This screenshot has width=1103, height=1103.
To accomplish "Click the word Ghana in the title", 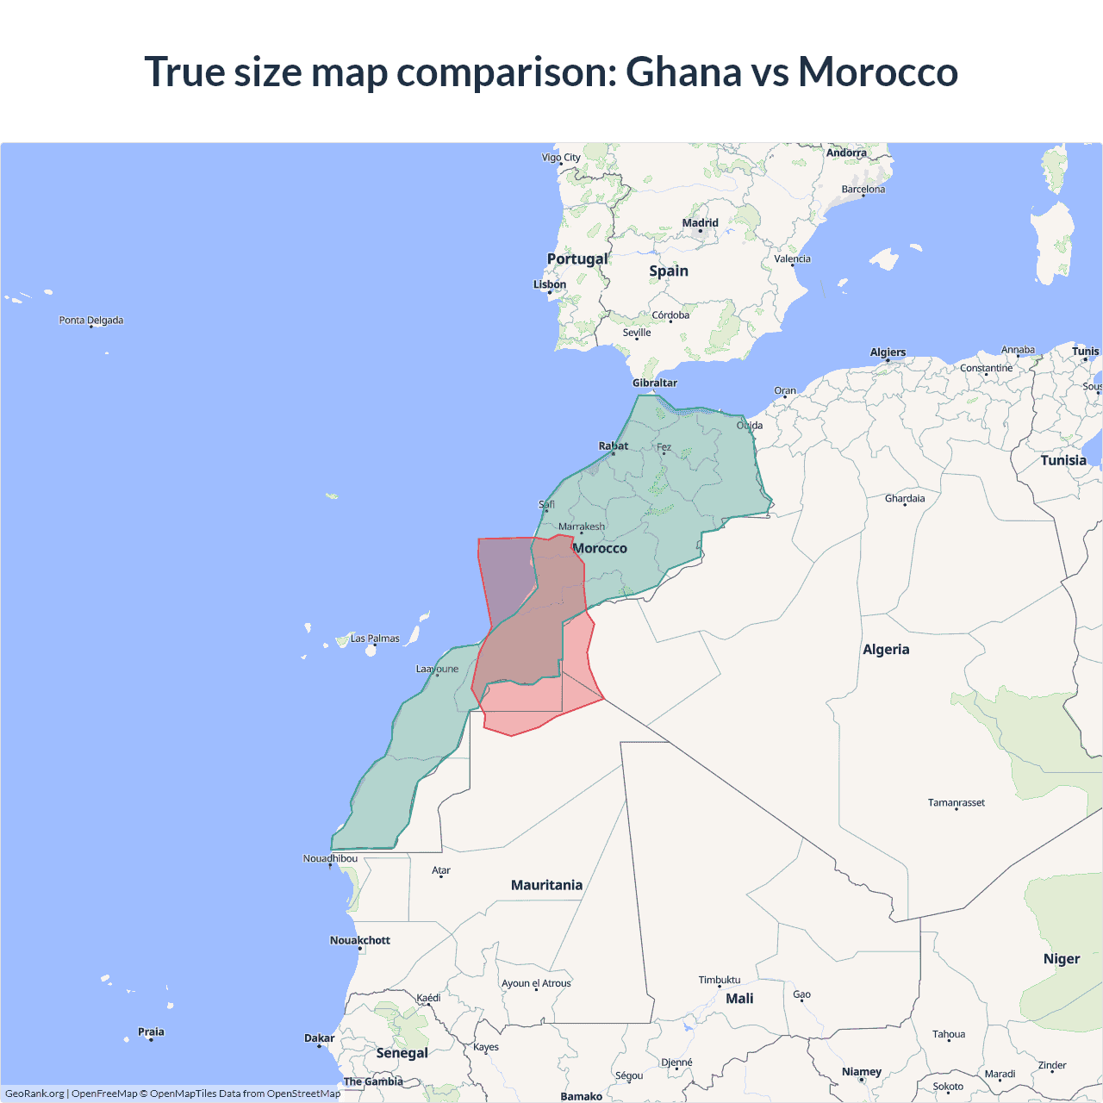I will click(683, 72).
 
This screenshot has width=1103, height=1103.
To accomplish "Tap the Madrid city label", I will click(700, 223).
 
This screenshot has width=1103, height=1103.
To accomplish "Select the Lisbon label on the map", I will click(550, 284).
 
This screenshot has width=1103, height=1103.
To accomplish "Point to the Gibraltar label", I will click(655, 383).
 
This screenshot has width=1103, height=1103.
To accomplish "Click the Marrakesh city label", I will click(582, 527).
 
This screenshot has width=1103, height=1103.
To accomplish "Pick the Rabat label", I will click(614, 446).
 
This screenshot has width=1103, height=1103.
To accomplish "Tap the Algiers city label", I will click(888, 352).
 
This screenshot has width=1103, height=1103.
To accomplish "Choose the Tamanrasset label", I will click(956, 802).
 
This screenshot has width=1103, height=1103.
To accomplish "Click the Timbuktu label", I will click(720, 980).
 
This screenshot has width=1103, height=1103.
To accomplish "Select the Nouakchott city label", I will click(360, 940).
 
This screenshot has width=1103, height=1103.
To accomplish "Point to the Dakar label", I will click(319, 1038).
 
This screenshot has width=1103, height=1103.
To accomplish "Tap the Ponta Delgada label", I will click(91, 321).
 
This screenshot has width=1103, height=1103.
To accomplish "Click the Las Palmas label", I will click(375, 639).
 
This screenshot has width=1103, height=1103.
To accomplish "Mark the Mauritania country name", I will click(546, 885).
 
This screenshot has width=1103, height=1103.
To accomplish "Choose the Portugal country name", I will click(577, 259).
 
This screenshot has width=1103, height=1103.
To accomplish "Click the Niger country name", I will click(1062, 959).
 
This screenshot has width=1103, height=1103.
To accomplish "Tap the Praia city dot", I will click(151, 1040).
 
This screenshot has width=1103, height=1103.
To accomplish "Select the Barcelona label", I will click(863, 190).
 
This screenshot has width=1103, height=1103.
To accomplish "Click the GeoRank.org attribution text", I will click(34, 1094).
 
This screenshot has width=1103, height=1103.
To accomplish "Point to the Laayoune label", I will click(438, 669).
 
